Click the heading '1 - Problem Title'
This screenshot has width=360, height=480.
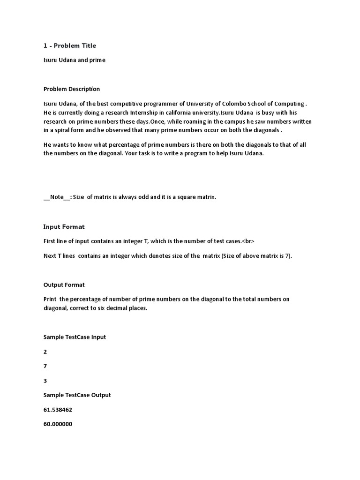(69, 45)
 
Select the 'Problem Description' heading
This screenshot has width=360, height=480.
(71, 89)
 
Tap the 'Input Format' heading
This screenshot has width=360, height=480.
(64, 227)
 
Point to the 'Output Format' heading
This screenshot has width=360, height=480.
(64, 285)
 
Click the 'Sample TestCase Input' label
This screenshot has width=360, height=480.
(75, 337)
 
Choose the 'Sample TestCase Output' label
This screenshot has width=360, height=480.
(77, 395)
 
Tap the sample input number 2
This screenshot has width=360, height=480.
(45, 352)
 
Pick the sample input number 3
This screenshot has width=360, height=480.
(45, 381)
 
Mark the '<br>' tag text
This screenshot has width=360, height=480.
(247, 241)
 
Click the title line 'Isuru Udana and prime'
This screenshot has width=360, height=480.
(75, 60)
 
